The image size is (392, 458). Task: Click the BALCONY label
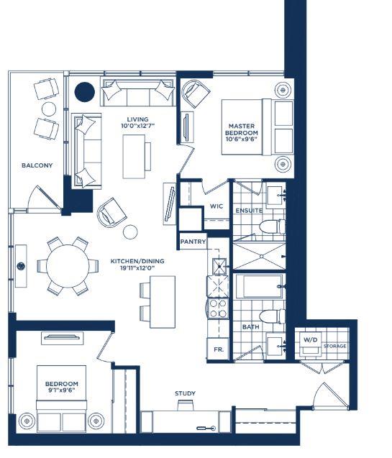pos(37,165)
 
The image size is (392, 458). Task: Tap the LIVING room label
pos(137,119)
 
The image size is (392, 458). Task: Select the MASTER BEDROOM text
pos(242,129)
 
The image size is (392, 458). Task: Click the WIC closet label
pos(216,206)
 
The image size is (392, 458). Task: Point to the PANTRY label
pos(193,242)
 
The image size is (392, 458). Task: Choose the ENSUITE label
pos(249,211)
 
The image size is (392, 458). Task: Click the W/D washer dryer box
pos(310,342)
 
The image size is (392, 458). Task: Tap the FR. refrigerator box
pos(218,349)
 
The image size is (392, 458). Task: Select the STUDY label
pos(185,393)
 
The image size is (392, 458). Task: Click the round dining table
pos(68,266)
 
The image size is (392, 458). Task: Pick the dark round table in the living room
pos(85,92)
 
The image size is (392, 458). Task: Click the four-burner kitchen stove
pos(218,308)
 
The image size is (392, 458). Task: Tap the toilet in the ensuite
pos(272,226)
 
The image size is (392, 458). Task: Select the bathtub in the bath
pos(259,286)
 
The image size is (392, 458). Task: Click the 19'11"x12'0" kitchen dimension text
pos(137,268)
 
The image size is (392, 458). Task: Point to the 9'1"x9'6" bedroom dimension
pos(62,390)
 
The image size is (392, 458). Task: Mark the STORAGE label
pos(334,346)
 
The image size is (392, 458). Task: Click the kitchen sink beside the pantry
pos(219,266)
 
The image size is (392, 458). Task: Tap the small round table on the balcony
pos(49,109)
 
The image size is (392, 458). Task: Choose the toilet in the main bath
pos(272,316)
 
